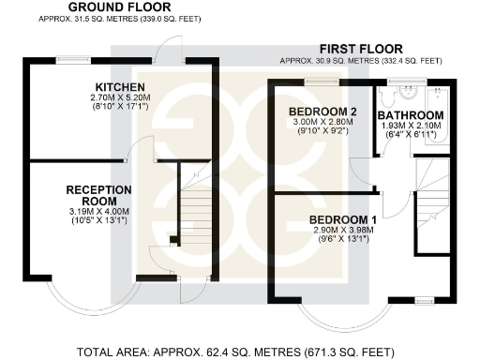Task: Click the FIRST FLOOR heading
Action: pos(361,49)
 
